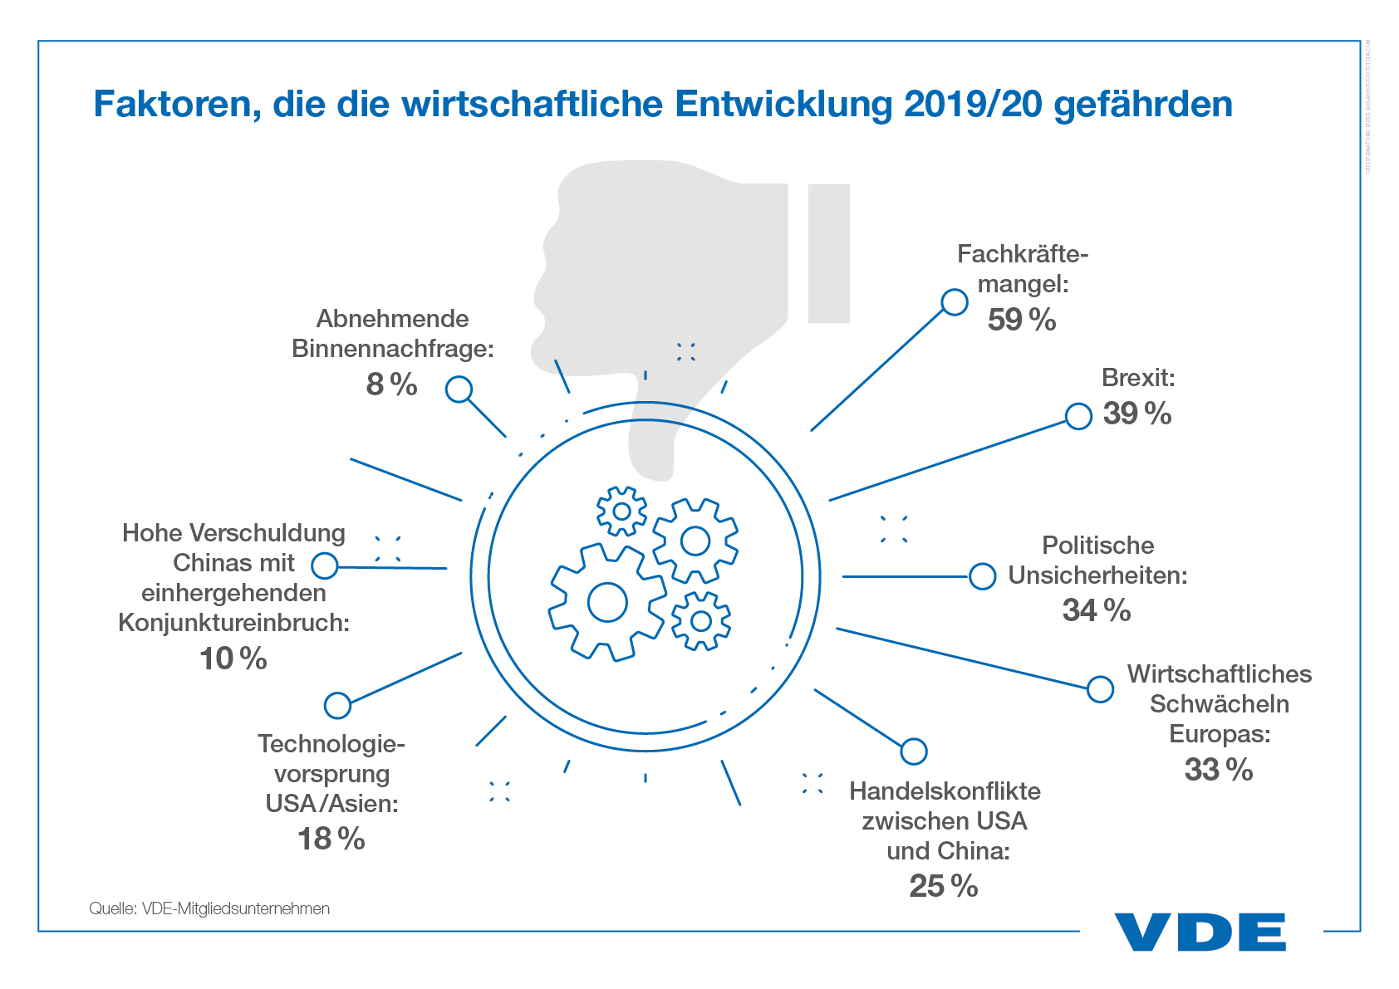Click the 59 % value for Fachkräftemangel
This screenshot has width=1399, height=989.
point(1021,320)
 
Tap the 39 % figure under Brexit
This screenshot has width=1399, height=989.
point(1136,414)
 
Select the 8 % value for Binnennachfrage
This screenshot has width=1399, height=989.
point(391,384)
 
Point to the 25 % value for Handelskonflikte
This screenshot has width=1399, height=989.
point(943,886)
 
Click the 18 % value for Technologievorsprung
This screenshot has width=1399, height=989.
point(331,839)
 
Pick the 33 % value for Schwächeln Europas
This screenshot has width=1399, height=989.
point(1218,770)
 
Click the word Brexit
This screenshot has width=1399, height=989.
point(1137,378)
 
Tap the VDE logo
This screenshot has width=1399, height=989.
point(1200,932)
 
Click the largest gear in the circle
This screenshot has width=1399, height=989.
point(606,602)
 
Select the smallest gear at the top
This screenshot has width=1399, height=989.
point(621,511)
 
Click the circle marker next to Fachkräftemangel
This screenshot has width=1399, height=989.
point(955,302)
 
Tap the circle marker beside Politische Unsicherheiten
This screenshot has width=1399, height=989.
point(982,576)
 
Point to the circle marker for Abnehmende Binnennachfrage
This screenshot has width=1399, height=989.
point(459,389)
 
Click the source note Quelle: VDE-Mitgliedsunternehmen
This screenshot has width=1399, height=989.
point(209,908)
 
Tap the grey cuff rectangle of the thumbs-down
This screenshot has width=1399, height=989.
point(828,253)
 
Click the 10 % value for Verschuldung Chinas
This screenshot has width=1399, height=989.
point(233,659)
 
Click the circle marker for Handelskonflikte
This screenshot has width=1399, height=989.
point(913,751)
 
